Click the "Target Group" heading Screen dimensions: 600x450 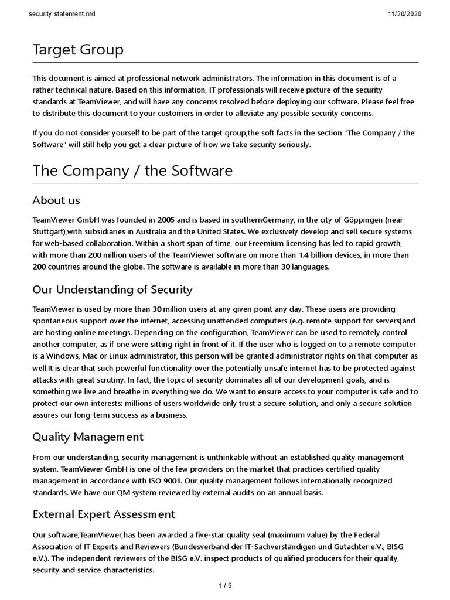tap(78, 50)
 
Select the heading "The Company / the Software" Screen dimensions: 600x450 tap(132, 171)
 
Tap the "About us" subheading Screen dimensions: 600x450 tap(56, 200)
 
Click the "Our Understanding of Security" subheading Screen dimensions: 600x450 tap(112, 289)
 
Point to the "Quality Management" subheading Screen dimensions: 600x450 tap(88, 437)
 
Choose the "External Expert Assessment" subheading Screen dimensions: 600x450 tap(104, 514)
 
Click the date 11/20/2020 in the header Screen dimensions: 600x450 tap(404, 14)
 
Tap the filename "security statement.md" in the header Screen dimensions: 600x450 tap(60, 14)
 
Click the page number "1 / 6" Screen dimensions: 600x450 tap(225, 585)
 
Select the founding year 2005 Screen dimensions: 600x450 tap(166, 220)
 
